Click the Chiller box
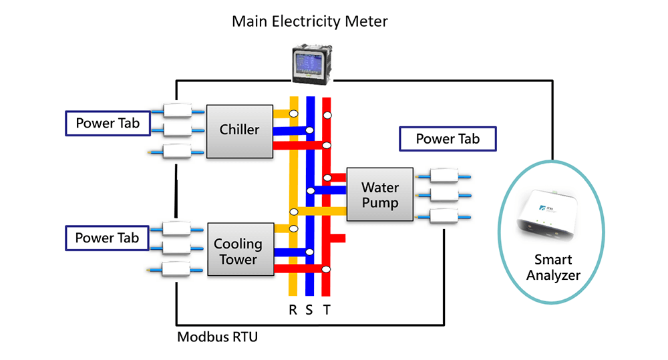tap(240, 131)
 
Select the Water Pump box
tap(379, 194)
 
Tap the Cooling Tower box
tap(240, 249)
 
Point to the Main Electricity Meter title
tap(309, 21)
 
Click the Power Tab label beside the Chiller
tap(108, 124)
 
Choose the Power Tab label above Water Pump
tap(448, 139)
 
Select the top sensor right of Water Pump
tap(444, 176)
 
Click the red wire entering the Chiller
tap(297, 145)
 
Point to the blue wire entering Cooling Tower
tap(291, 253)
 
